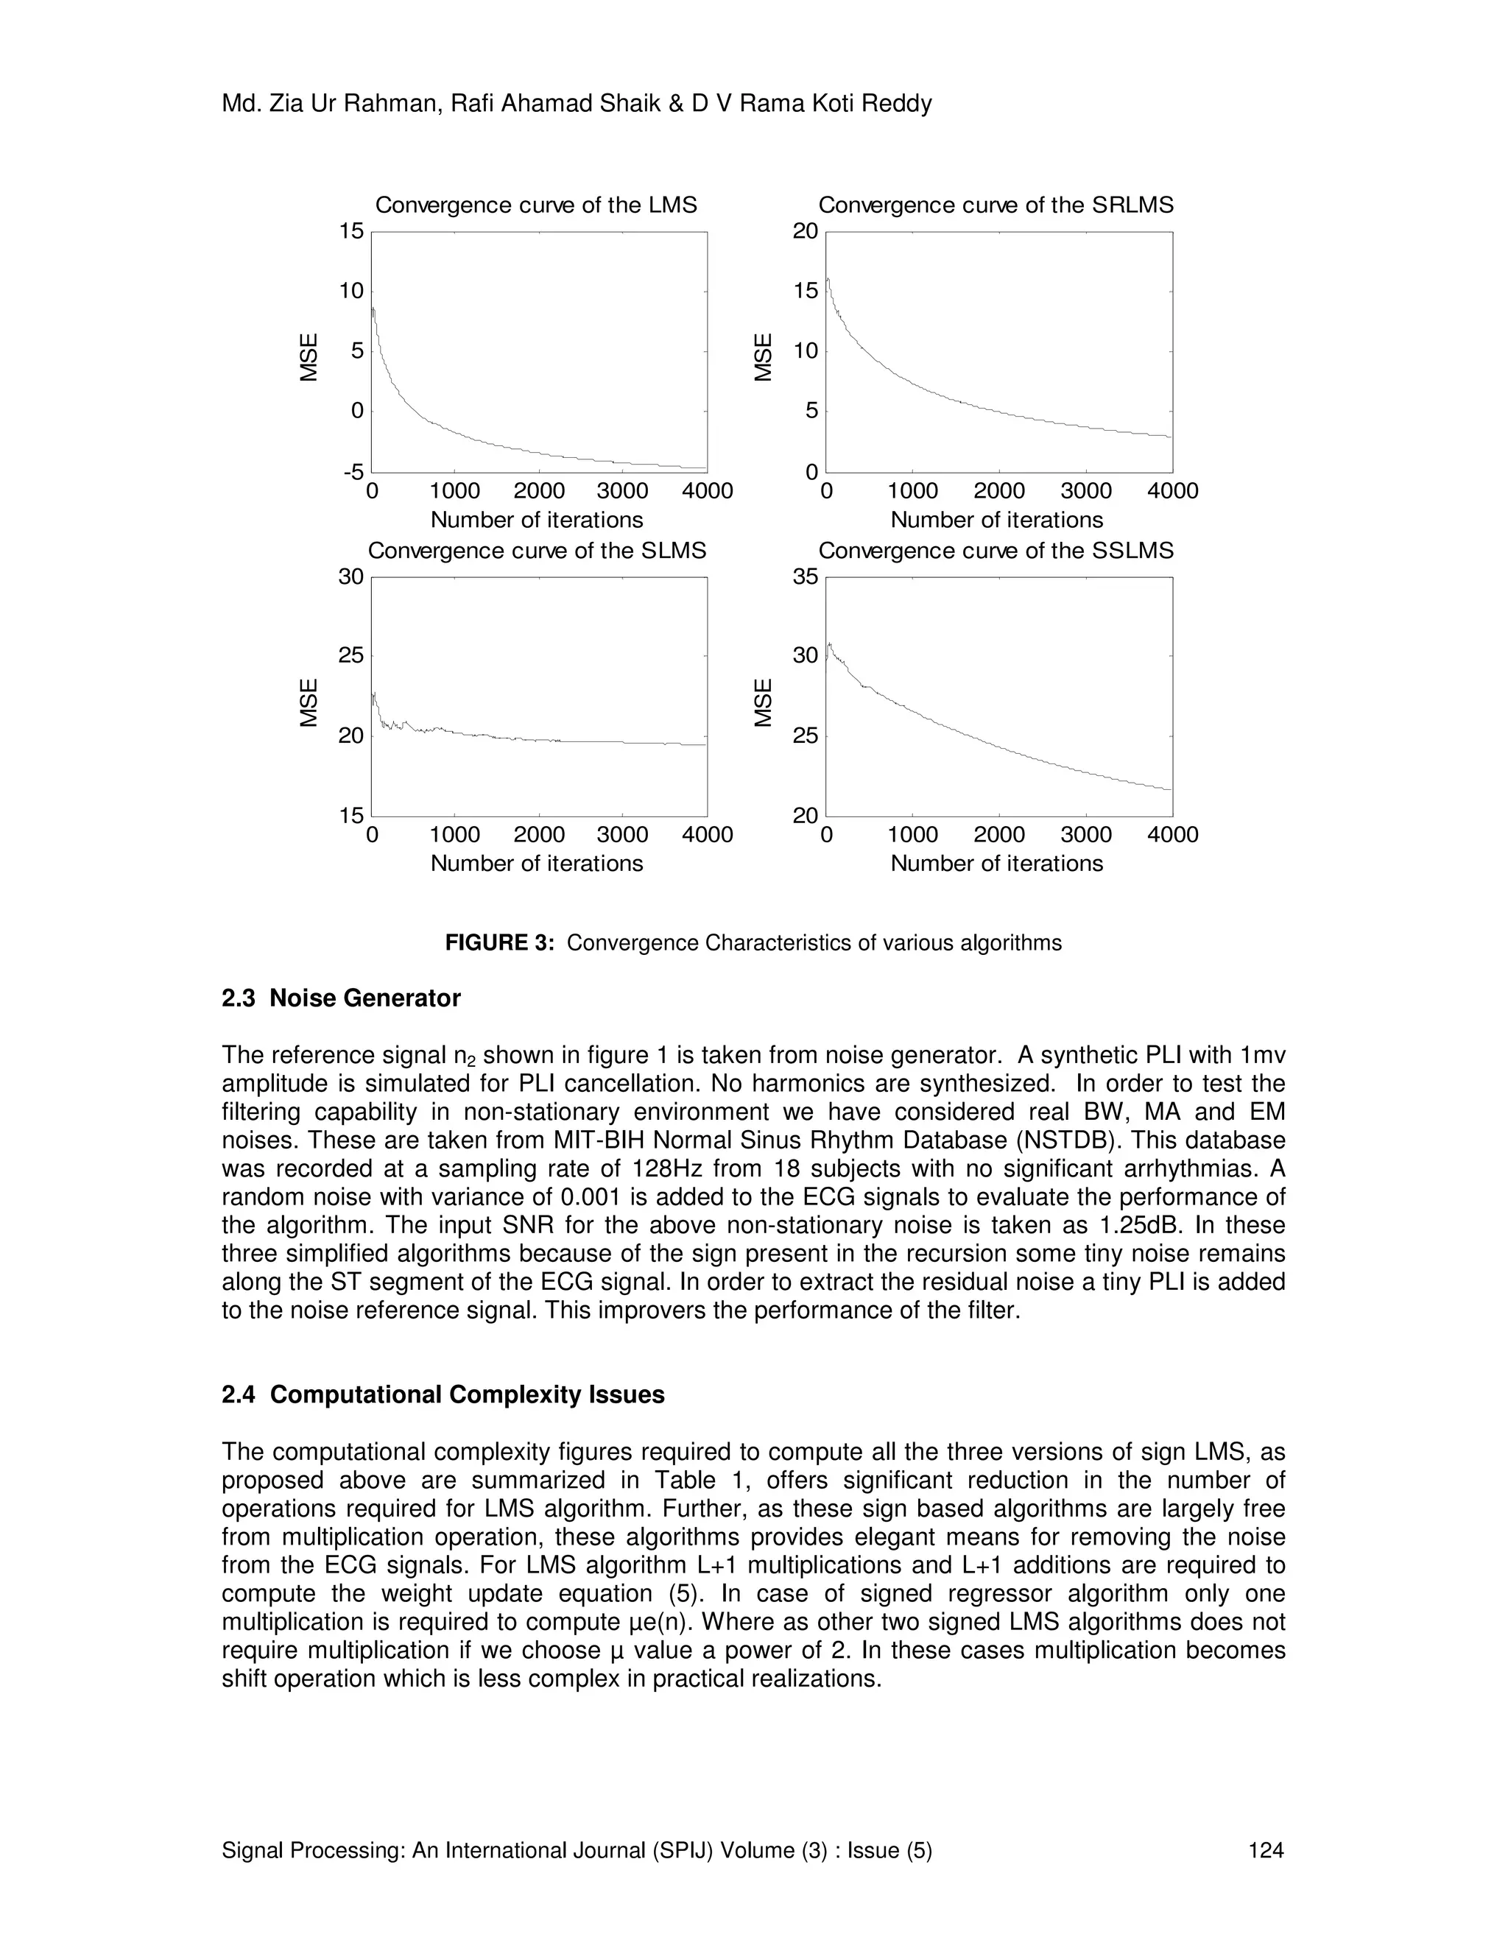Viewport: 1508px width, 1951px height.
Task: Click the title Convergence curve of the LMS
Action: pos(536,205)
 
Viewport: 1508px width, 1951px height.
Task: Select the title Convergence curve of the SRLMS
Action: pos(996,205)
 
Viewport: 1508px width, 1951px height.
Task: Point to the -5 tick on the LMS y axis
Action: pos(353,472)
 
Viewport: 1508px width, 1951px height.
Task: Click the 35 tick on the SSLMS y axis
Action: pos(806,577)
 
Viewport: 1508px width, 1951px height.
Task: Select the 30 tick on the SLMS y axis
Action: pos(351,577)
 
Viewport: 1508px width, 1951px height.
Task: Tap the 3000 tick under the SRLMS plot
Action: pos(1085,491)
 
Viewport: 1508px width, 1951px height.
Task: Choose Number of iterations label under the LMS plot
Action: pos(536,520)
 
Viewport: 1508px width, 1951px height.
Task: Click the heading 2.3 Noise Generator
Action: pos(340,998)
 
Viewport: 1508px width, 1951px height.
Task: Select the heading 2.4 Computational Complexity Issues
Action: pos(443,1394)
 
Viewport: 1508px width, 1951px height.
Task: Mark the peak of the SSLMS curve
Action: pos(830,643)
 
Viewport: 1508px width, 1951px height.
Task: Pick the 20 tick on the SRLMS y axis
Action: pos(806,231)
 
